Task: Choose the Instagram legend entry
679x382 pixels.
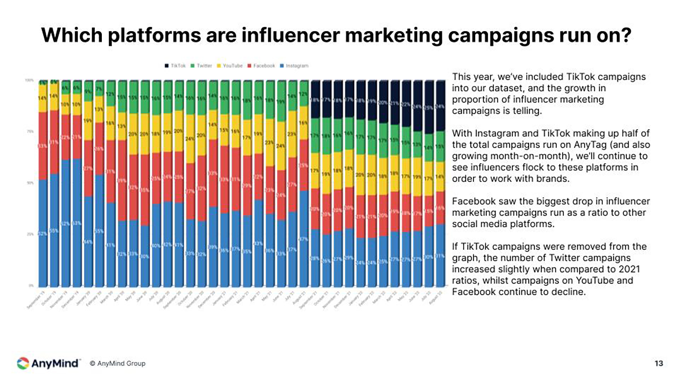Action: [296, 66]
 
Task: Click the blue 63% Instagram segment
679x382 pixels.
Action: [77, 223]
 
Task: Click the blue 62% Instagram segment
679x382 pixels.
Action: [66, 223]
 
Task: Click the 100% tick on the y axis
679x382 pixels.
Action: [29, 81]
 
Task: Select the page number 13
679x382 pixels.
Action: [659, 364]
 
